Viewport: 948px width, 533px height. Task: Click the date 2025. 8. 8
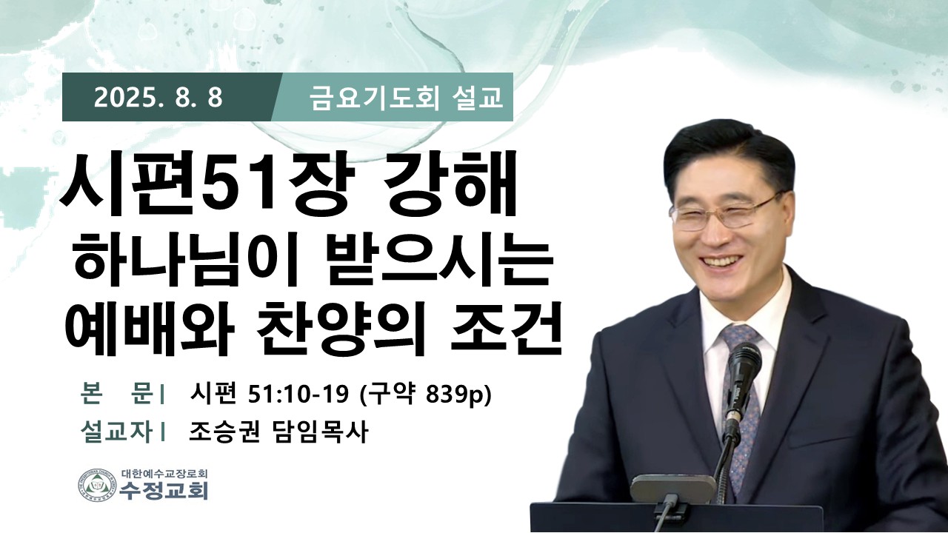pyautogui.click(x=158, y=98)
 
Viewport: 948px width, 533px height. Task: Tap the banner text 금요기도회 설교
pyautogui.click(x=406, y=98)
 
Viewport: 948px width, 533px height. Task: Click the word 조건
pyautogui.click(x=506, y=327)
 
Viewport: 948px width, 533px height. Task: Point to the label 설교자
pyautogui.click(x=116, y=432)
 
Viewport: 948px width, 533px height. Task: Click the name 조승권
pyautogui.click(x=224, y=432)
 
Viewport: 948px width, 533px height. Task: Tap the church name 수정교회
pyautogui.click(x=164, y=491)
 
